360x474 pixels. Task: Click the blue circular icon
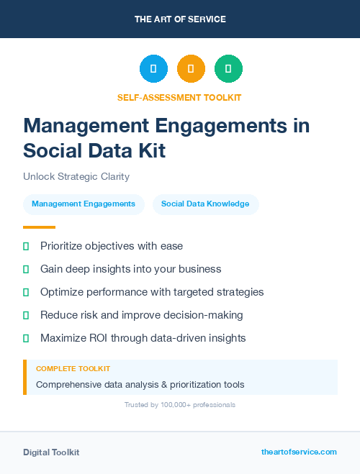click(153, 69)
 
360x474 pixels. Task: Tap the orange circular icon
click(191, 69)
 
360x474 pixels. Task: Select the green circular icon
click(228, 69)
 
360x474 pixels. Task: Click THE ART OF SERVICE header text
click(180, 19)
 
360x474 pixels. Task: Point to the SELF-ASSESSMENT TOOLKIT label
click(179, 97)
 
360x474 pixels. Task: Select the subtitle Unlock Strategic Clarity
click(76, 176)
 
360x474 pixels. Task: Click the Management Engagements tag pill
click(84, 204)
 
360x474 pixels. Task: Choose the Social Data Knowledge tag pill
click(205, 204)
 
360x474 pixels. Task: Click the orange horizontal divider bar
click(35, 227)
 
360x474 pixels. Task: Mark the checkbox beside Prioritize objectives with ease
click(26, 246)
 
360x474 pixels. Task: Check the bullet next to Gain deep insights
click(26, 269)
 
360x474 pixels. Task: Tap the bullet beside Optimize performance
click(26, 292)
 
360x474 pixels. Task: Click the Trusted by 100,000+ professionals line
click(180, 405)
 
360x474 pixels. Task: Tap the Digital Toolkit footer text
click(51, 452)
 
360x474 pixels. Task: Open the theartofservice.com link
click(299, 452)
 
